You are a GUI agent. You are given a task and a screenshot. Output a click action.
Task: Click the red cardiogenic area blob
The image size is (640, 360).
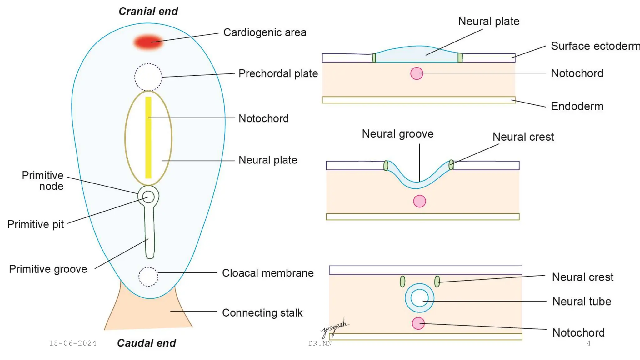click(148, 42)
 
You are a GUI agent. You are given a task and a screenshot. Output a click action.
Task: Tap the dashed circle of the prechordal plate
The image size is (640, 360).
click(148, 77)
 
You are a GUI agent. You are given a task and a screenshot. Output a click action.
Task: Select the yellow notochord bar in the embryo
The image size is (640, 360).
click(148, 137)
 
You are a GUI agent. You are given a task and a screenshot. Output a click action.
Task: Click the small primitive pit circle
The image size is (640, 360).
click(148, 197)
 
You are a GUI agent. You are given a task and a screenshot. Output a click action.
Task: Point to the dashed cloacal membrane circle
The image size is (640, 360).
click(148, 277)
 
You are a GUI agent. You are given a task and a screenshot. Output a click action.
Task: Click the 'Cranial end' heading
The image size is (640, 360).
click(148, 12)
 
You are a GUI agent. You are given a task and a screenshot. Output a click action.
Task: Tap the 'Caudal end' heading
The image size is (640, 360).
click(146, 343)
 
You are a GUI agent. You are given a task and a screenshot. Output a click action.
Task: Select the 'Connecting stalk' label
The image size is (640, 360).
click(262, 313)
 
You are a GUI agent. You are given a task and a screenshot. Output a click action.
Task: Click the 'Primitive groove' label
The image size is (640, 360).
click(48, 269)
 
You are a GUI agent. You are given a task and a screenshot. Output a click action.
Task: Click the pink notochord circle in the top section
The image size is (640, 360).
click(417, 73)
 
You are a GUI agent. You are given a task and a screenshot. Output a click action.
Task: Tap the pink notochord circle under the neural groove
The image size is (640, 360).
click(419, 201)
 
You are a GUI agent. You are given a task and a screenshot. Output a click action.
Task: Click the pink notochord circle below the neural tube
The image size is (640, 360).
click(418, 323)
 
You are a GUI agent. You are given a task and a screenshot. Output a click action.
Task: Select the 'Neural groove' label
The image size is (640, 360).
click(397, 134)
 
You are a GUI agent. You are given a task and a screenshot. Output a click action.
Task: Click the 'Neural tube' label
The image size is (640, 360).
click(582, 302)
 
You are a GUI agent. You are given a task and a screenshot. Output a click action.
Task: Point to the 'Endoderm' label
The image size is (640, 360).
click(577, 106)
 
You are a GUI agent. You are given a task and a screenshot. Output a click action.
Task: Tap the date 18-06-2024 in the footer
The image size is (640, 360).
click(72, 343)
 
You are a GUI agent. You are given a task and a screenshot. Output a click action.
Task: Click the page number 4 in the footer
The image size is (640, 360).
click(588, 343)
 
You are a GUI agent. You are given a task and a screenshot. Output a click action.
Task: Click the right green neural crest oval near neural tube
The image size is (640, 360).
click(437, 281)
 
